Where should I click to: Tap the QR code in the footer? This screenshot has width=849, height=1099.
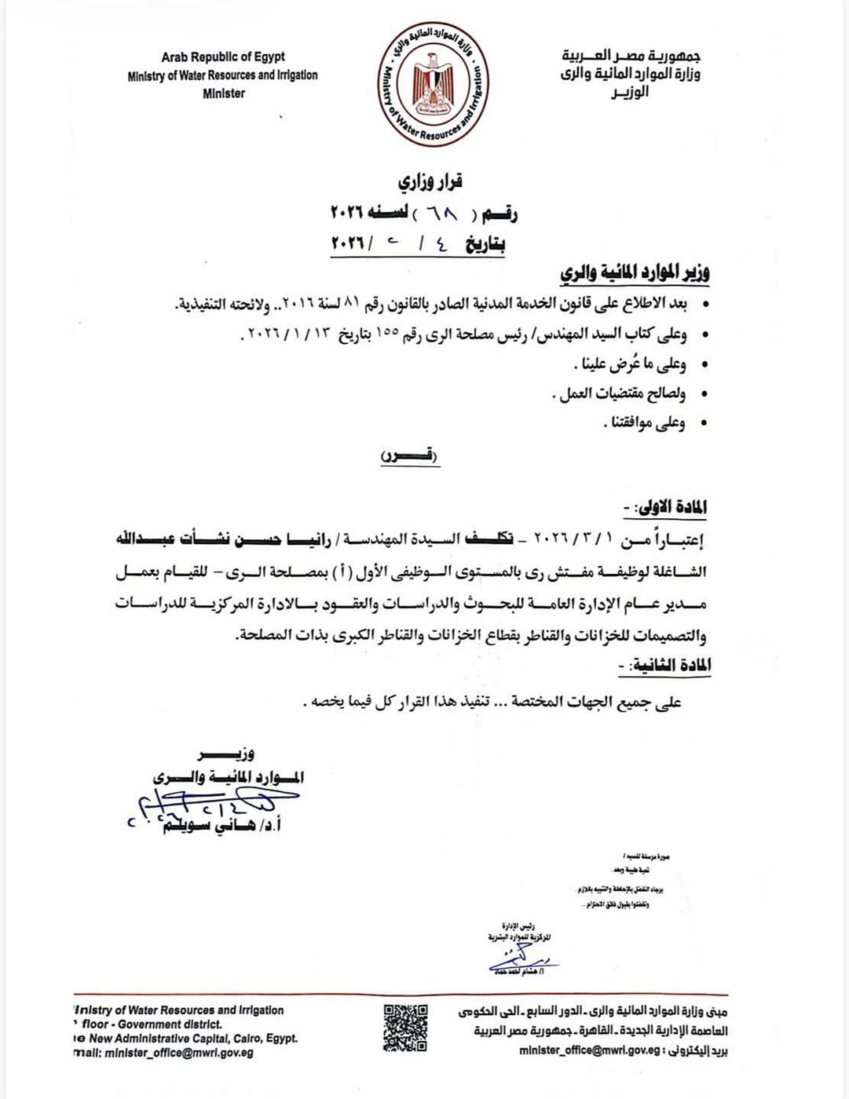[406, 1028]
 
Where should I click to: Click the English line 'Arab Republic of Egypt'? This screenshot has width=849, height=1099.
[223, 57]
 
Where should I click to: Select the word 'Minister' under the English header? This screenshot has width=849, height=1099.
[224, 93]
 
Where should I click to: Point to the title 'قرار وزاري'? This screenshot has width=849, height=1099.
[430, 182]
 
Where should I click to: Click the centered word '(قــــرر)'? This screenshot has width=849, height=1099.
[411, 456]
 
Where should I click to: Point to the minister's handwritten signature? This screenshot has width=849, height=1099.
[212, 805]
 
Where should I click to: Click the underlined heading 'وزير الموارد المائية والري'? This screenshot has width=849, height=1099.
[635, 274]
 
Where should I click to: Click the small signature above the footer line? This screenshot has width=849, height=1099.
[521, 958]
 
